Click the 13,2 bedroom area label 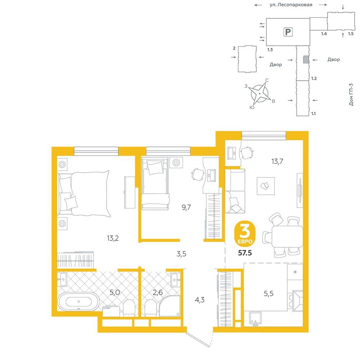tap(113, 238)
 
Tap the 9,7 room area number tap(186, 207)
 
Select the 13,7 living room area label tap(277, 161)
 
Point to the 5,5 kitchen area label tap(269, 293)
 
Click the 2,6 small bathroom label tap(158, 292)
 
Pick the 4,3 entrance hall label tap(199, 300)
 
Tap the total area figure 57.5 tap(245, 253)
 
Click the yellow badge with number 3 tap(245, 234)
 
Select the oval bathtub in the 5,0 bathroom tap(78, 301)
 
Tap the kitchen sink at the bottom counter tap(256, 319)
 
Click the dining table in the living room tap(287, 237)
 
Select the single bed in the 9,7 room tap(155, 183)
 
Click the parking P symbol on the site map tap(288, 32)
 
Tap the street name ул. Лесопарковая tap(291, 5)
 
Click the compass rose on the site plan tap(260, 94)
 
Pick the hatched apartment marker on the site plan tap(306, 59)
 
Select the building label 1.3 tap(270, 49)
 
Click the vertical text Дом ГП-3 tap(351, 94)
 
